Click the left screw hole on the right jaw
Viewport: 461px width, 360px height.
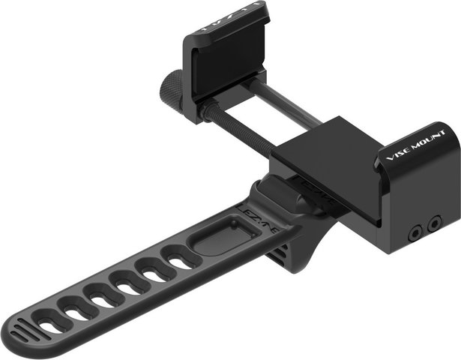414,233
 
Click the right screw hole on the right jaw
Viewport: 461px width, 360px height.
433,223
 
